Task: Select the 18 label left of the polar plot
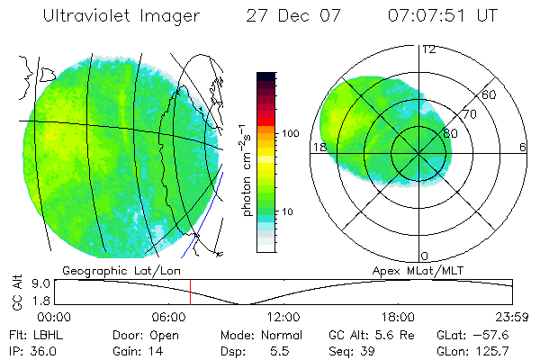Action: [x=319, y=147]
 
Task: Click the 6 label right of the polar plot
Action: [x=523, y=147]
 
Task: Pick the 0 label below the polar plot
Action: [x=425, y=256]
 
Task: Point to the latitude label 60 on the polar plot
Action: [x=490, y=94]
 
